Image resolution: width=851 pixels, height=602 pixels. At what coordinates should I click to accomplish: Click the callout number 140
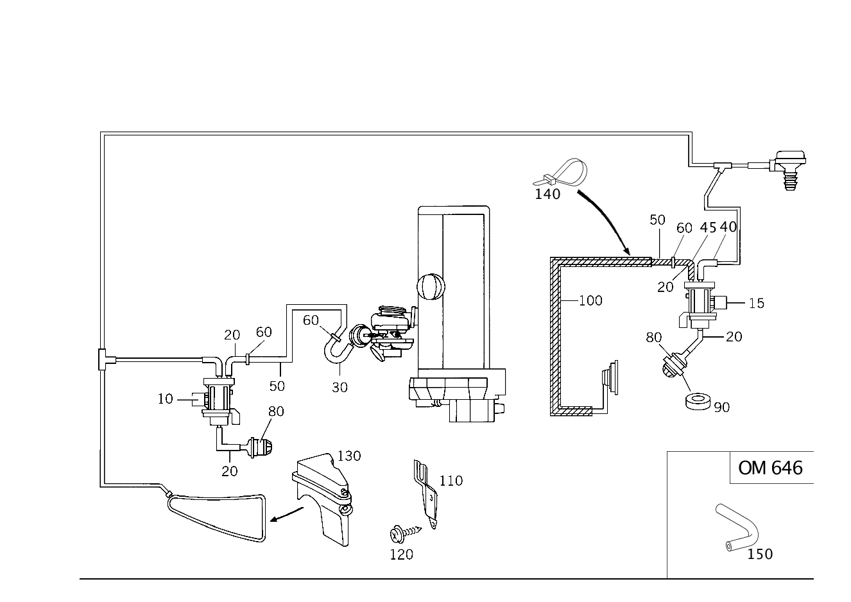[x=547, y=194]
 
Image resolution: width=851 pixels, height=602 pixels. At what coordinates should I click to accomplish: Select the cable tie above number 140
[x=562, y=173]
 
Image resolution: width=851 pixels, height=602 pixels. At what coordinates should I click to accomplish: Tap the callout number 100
[x=590, y=301]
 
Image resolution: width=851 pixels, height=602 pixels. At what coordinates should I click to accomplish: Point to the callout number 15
[x=757, y=304]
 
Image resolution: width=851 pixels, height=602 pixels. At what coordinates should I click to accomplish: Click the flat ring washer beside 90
[x=698, y=402]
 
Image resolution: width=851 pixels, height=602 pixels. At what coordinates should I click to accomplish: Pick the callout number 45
[x=708, y=227]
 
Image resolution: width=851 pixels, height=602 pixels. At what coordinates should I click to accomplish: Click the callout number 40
[x=728, y=227]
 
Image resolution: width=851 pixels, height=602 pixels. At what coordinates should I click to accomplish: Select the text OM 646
[x=770, y=469]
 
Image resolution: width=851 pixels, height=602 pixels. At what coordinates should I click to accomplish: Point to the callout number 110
[x=451, y=481]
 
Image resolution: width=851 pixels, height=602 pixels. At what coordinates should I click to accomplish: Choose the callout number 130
[x=349, y=456]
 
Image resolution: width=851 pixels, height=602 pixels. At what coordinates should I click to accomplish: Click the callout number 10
[x=166, y=399]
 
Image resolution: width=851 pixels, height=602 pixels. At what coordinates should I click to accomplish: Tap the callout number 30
[x=340, y=388]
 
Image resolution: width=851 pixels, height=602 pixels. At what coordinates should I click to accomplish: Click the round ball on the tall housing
[x=431, y=287]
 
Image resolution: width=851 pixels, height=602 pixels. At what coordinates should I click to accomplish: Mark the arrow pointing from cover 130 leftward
[x=287, y=514]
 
